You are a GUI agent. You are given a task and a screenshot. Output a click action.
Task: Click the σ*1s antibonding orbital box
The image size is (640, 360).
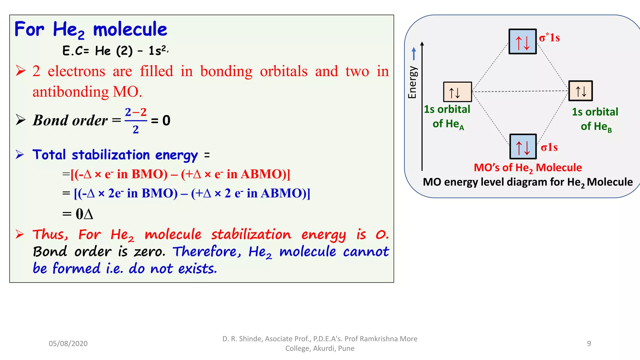(522, 42)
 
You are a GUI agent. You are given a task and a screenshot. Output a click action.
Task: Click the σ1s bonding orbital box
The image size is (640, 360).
(523, 147)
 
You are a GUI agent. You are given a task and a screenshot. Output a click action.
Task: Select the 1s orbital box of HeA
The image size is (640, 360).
(457, 92)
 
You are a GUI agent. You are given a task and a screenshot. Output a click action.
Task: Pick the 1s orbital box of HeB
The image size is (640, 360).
(580, 91)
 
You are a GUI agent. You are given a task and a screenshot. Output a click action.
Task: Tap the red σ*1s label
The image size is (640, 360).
(549, 37)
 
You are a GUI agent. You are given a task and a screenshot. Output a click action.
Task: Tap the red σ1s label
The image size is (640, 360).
(549, 147)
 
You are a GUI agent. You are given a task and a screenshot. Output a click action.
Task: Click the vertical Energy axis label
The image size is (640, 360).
(412, 82)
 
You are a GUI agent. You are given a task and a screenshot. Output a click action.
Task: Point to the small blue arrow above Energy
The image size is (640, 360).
(414, 53)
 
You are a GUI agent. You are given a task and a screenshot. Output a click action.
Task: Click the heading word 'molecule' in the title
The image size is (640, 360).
(130, 30)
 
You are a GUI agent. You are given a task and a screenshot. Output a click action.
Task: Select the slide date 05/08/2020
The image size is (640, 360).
(68, 343)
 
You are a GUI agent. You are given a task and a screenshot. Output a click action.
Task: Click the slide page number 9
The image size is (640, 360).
(589, 343)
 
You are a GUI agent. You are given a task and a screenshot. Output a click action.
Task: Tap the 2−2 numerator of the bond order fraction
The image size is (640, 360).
(136, 112)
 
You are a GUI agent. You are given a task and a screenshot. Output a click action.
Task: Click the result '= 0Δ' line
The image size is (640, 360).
(78, 214)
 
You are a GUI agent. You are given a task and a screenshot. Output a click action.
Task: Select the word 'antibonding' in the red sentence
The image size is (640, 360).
(71, 92)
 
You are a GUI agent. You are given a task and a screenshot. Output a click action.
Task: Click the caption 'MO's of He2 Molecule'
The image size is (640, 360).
(527, 168)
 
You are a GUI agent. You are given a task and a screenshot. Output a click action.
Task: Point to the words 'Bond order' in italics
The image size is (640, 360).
(70, 120)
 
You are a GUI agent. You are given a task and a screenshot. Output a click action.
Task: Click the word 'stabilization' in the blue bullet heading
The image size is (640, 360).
(111, 155)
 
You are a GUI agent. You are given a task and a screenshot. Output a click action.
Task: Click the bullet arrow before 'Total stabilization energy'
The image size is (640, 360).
(20, 154)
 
